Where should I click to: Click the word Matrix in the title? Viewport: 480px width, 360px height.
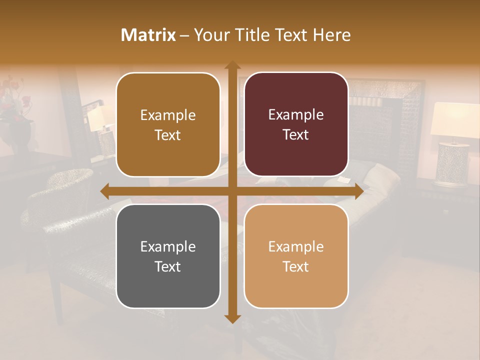[x=148, y=35]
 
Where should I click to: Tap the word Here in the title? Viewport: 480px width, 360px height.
[x=331, y=35]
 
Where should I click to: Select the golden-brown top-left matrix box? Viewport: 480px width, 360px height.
[x=168, y=125]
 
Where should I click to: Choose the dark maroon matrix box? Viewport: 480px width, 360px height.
[x=296, y=124]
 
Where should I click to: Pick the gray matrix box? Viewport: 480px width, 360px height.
[x=168, y=256]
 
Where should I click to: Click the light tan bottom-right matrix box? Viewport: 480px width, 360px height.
[x=296, y=256]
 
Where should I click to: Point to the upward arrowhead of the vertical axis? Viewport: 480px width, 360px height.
[x=232, y=65]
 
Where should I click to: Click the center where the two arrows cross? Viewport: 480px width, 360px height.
[x=232, y=191]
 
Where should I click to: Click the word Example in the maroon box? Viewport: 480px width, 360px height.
[x=296, y=115]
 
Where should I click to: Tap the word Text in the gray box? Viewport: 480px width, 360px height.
[x=167, y=266]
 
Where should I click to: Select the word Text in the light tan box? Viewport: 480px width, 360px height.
[x=296, y=266]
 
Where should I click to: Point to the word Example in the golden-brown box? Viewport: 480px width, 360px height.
[x=168, y=115]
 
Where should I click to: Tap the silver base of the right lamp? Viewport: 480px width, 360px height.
[x=451, y=164]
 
